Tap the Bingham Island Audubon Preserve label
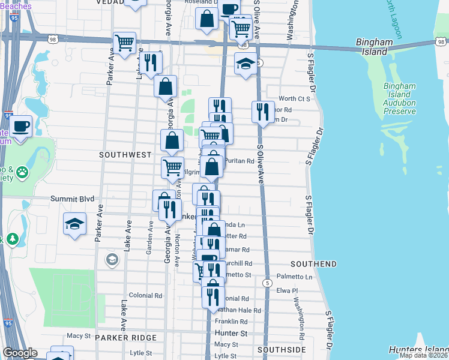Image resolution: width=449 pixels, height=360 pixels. click(399, 98)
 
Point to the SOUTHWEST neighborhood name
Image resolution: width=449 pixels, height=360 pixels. click(125, 155)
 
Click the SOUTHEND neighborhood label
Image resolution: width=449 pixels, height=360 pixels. click(313, 264)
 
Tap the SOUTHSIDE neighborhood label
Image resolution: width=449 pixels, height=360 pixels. click(282, 349)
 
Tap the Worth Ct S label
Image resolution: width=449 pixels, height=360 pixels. click(294, 98)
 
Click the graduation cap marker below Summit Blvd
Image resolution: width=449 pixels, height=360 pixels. click(74, 224)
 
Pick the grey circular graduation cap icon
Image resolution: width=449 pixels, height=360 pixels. click(111, 260)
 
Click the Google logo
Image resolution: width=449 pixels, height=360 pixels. click(20, 353)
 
